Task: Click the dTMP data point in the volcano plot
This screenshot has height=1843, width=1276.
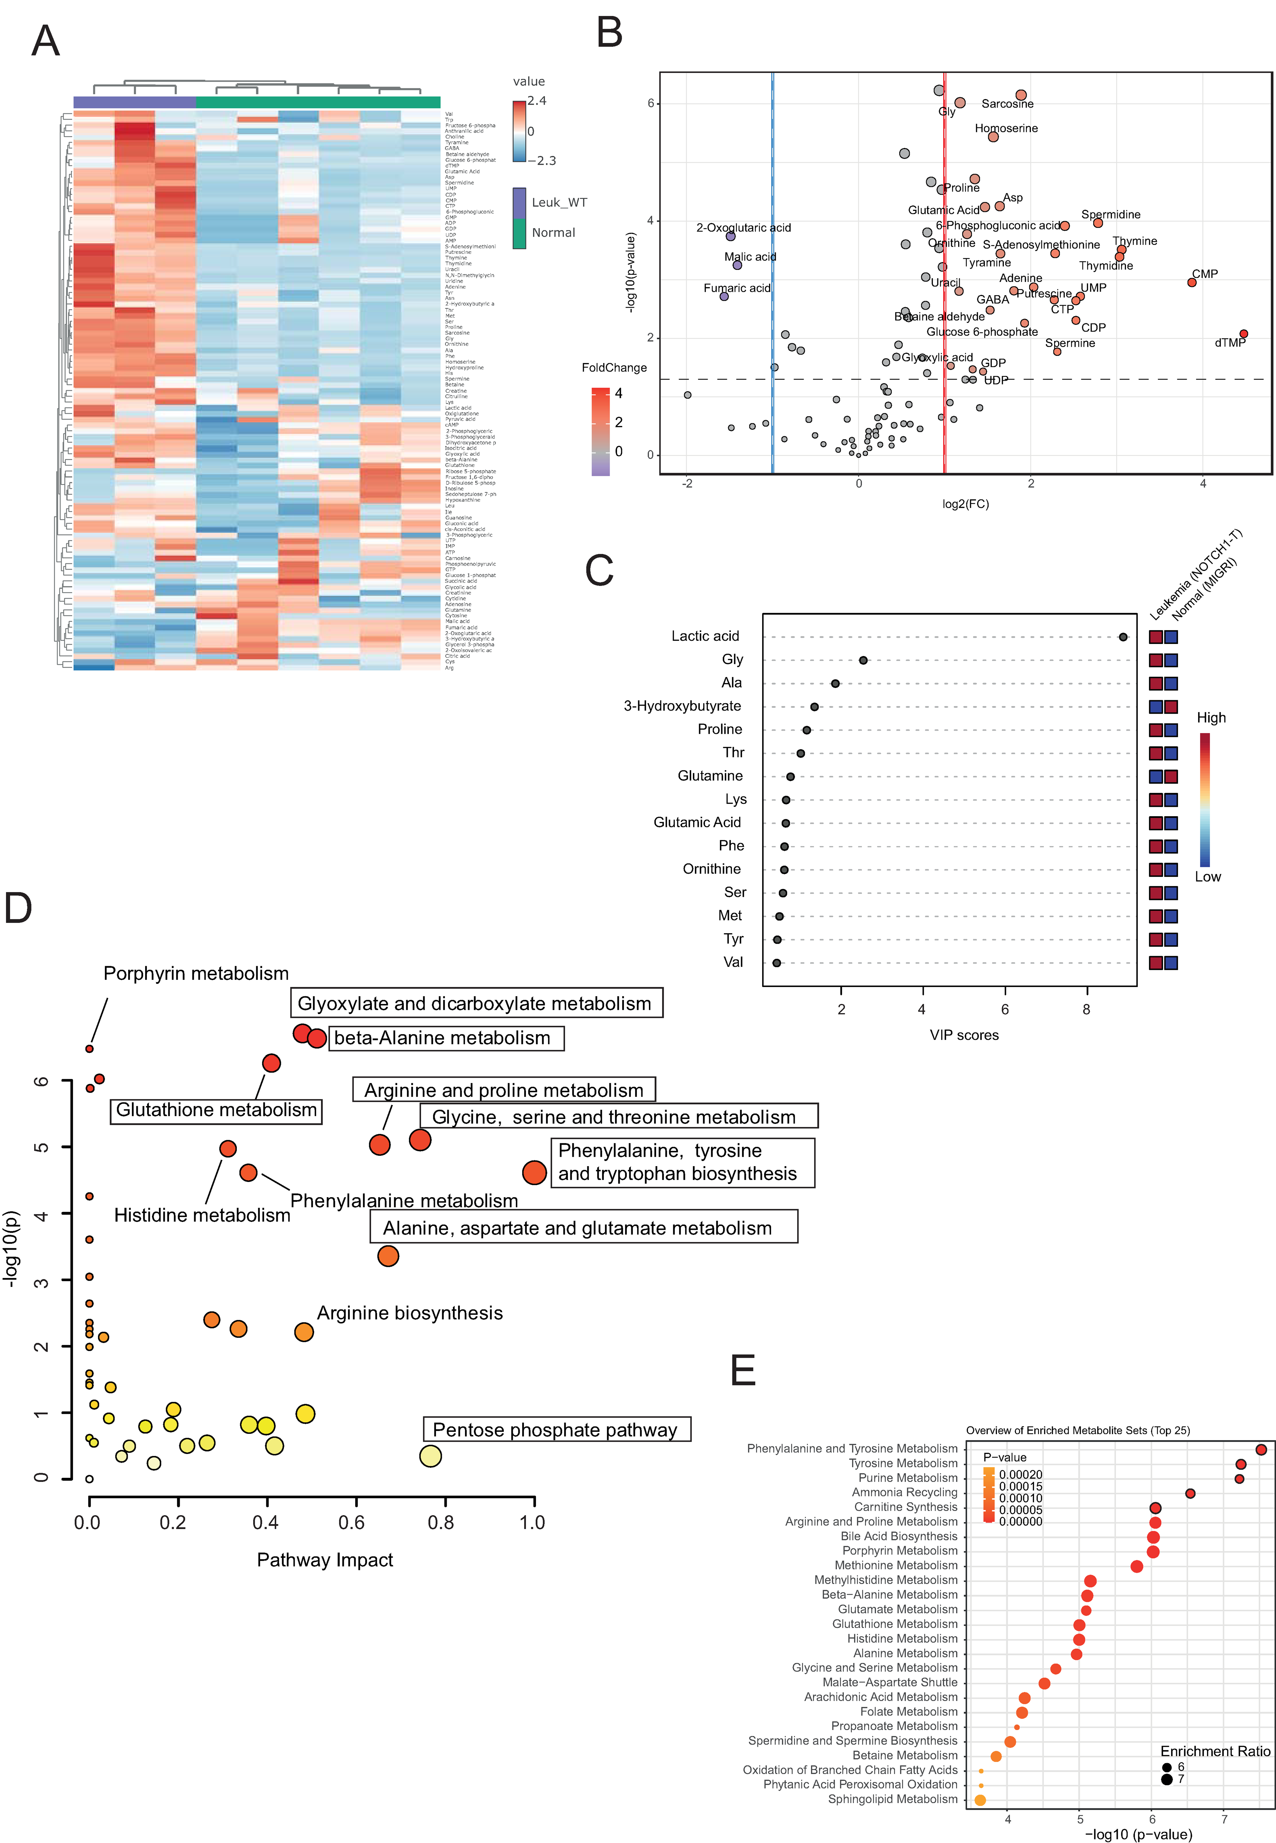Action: (x=1243, y=334)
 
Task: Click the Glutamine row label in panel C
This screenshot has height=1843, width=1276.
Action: (x=710, y=776)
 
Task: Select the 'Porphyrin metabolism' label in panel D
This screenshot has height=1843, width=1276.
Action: (x=196, y=973)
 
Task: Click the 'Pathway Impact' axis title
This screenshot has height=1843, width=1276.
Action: (x=324, y=1560)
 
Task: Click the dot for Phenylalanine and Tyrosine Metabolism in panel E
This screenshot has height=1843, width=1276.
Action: (x=1261, y=1449)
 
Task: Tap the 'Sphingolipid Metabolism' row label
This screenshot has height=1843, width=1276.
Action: (x=892, y=1799)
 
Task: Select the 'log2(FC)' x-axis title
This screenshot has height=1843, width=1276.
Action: (x=965, y=504)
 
